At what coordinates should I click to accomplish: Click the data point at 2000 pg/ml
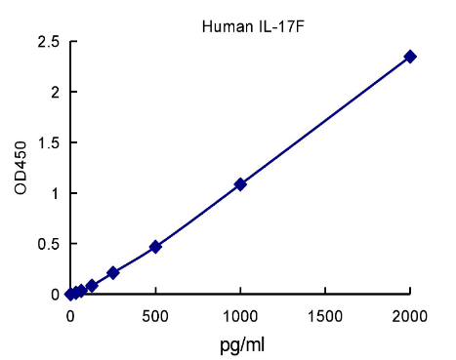(410, 57)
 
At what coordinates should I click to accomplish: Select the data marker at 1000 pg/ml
(240, 183)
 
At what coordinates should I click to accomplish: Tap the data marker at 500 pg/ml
(155, 247)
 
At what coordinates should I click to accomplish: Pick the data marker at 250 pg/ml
(113, 272)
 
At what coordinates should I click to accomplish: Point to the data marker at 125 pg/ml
(92, 286)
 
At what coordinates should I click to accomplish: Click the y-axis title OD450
(21, 168)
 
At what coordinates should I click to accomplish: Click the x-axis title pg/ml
(240, 344)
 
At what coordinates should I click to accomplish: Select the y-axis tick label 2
(55, 93)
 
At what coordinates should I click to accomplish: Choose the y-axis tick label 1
(55, 193)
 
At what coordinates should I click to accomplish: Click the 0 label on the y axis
(55, 295)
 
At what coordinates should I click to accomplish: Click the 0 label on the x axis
(70, 316)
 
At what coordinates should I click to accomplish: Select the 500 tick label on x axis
(155, 316)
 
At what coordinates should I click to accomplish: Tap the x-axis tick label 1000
(240, 316)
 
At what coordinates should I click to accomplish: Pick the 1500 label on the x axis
(325, 316)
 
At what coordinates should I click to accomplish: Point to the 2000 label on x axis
(410, 316)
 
